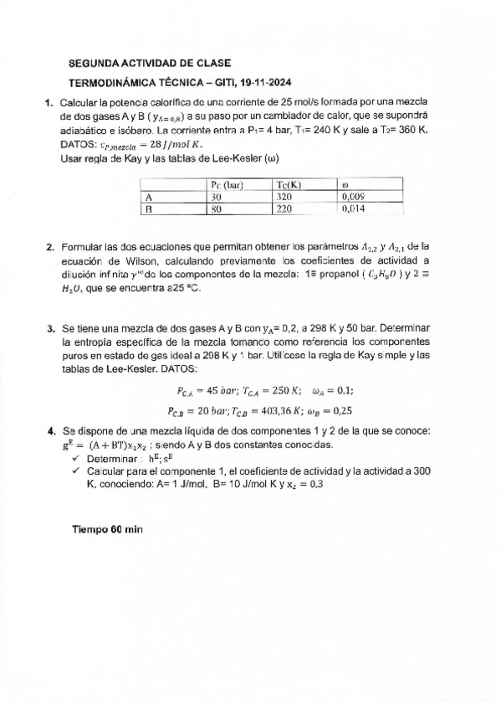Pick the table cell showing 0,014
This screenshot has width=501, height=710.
(356, 210)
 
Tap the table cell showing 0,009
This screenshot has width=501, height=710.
(356, 198)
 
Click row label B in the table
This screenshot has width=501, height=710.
(147, 210)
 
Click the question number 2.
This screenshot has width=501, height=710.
(50, 247)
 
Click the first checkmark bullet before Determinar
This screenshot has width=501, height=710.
(76, 460)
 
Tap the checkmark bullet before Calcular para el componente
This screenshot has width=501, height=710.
(76, 472)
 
